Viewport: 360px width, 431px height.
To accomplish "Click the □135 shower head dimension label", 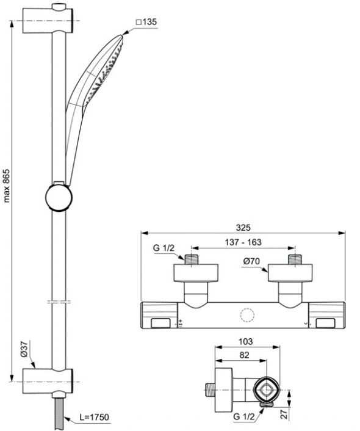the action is tap(146, 22).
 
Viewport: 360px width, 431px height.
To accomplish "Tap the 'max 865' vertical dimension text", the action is tap(6, 186).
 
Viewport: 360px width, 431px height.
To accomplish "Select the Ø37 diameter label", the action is tap(24, 349).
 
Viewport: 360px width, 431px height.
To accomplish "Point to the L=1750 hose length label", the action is tap(94, 417).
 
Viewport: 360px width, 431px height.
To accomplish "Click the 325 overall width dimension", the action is tap(243, 228).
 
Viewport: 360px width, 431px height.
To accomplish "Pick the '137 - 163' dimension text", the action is tap(243, 242).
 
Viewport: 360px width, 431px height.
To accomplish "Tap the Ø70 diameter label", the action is tap(251, 261).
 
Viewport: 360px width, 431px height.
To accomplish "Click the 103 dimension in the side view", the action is tap(245, 341).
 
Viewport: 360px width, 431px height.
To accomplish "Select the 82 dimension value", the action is tap(244, 355).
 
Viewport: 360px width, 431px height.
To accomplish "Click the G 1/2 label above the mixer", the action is tap(164, 248).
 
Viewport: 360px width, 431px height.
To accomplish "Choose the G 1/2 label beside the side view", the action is tap(243, 417).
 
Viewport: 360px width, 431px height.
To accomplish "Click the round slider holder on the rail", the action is tap(59, 197).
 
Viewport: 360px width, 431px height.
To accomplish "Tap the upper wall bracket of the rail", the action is tap(48, 20).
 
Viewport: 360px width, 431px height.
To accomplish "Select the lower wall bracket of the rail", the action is tap(48, 382).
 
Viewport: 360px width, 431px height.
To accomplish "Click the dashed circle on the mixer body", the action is tap(247, 315).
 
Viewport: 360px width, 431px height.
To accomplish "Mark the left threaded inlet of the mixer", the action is tap(191, 259).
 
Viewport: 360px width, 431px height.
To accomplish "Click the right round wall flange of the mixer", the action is tap(290, 273).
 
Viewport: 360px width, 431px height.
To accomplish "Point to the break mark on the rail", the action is tap(59, 302).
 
